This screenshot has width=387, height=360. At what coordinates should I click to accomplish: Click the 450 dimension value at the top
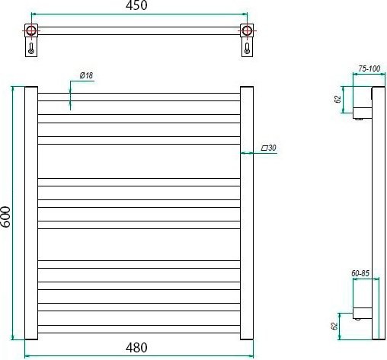137,5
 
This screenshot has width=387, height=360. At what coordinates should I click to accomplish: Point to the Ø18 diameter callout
86,75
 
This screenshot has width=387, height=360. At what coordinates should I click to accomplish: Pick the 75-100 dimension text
369,69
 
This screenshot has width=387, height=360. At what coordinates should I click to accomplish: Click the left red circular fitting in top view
30,31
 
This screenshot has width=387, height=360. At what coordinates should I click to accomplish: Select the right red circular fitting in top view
247,31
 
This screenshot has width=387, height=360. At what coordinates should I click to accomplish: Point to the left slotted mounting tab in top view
30,48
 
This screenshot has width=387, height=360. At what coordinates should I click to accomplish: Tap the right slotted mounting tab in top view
247,48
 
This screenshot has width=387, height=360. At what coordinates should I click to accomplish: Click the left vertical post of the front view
31,212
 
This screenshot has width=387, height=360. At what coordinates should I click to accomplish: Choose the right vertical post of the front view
248,212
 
